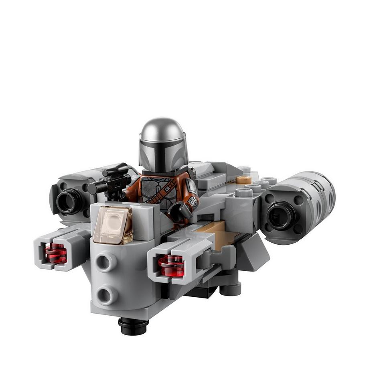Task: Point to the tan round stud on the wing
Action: pos(243,179)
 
